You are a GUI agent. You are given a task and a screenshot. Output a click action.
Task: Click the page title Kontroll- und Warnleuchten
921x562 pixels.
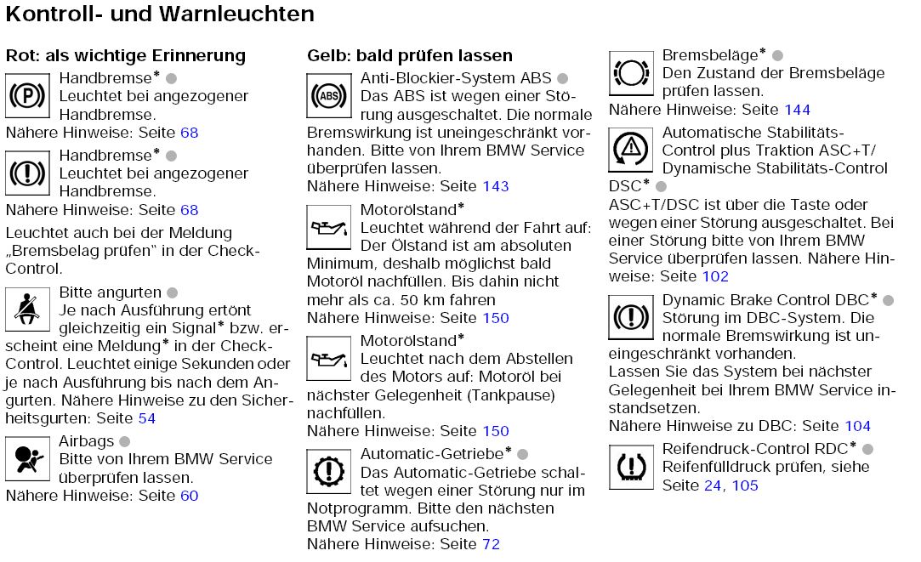(x=160, y=14)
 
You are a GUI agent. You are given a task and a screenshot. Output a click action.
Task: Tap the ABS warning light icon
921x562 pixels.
(x=328, y=95)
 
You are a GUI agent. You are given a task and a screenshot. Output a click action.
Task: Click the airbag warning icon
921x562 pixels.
(x=27, y=458)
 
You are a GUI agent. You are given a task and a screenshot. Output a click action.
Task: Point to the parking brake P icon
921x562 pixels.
(x=27, y=95)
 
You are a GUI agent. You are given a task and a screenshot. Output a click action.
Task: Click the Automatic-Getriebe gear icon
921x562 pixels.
(x=328, y=471)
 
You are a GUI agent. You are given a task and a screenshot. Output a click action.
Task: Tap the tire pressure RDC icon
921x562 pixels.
(x=630, y=466)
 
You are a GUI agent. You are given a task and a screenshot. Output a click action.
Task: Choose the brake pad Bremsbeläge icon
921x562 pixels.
(x=630, y=73)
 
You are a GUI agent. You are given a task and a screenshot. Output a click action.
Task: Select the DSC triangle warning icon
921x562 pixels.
(x=630, y=150)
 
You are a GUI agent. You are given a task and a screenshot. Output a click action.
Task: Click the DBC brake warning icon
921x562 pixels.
(x=630, y=318)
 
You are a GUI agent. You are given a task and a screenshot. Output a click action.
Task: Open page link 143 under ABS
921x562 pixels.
(x=495, y=186)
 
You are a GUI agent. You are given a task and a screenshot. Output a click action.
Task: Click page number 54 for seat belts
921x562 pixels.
(x=146, y=418)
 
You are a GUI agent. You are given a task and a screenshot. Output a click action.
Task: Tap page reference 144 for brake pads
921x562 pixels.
(x=797, y=110)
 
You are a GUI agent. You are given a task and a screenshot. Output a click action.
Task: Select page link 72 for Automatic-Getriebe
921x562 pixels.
(x=491, y=544)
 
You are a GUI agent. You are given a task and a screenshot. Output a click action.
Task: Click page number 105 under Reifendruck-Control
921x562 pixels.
(x=744, y=485)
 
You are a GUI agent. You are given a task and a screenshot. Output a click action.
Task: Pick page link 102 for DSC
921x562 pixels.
(x=715, y=276)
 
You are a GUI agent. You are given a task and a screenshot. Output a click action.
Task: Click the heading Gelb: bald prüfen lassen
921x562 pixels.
(x=409, y=56)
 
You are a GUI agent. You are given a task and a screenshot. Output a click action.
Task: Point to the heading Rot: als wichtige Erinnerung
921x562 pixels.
(x=125, y=56)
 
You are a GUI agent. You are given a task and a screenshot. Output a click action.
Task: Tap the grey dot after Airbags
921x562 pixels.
(x=124, y=441)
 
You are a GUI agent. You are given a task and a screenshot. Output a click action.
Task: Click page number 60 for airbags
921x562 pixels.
(x=189, y=496)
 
